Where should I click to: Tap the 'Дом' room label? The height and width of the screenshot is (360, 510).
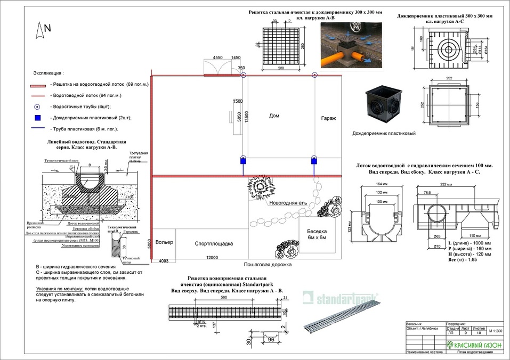[274, 116]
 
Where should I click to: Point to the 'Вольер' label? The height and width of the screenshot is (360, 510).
[165, 243]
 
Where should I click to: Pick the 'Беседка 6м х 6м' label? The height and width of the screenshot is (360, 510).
[316, 235]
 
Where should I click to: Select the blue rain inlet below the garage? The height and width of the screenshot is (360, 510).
[313, 160]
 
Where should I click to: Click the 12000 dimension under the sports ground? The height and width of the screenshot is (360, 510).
[213, 258]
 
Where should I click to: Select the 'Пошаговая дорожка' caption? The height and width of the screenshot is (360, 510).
[268, 264]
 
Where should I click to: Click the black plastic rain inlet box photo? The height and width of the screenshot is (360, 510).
[384, 108]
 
